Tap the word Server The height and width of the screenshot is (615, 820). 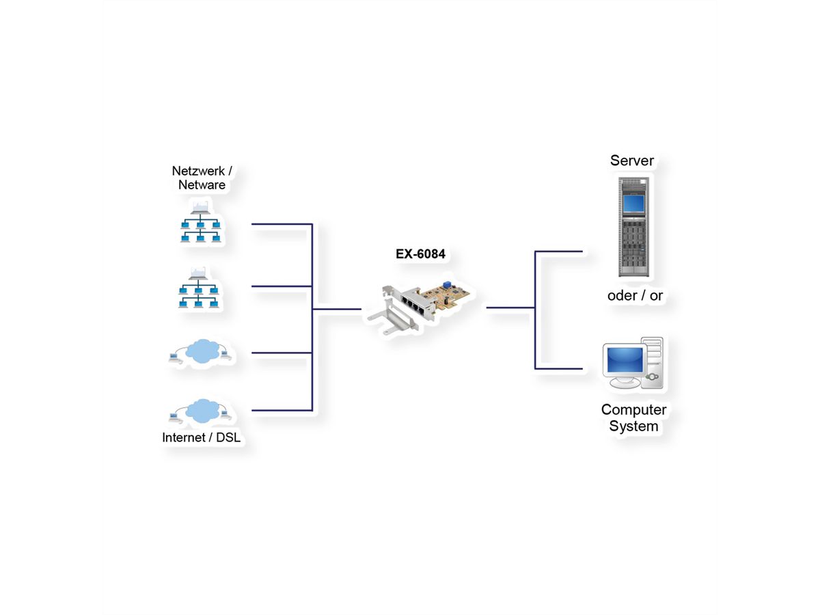(632, 161)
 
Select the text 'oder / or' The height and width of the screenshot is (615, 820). (635, 296)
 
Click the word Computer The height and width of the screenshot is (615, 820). (633, 410)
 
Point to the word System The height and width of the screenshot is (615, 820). (633, 426)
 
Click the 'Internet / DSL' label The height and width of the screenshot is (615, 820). (201, 438)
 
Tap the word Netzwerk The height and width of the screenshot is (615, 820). (198, 171)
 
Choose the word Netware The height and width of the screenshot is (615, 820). (202, 185)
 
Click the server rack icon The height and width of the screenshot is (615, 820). (635, 227)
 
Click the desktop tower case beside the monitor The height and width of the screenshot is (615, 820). (653, 362)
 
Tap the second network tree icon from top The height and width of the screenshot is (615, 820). (198, 288)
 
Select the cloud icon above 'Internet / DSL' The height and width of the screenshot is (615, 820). (202, 410)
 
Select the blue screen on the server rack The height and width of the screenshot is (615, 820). (633, 203)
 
